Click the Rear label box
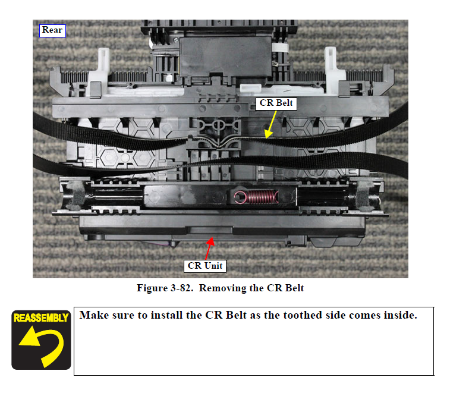tap(52, 31)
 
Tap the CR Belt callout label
tap(276, 103)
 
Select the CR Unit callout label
tap(205, 266)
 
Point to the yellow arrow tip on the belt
tap(267, 138)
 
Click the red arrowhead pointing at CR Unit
tap(211, 241)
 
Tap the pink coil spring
tap(256, 197)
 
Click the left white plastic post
tap(99, 72)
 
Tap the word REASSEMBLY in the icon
tap(41, 318)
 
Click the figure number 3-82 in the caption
tap(182, 288)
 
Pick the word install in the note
tap(166, 315)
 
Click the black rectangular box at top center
tap(225, 56)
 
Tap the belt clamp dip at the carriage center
tap(219, 143)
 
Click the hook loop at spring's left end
tap(240, 197)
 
